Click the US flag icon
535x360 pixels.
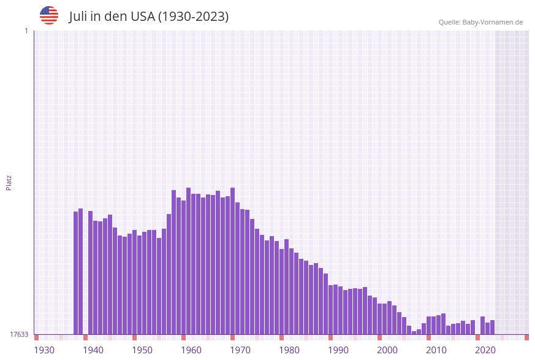click(49, 15)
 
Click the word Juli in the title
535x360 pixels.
click(78, 17)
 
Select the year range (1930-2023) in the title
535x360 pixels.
click(194, 17)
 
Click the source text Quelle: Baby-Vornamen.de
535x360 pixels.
click(480, 22)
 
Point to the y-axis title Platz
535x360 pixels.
click(9, 182)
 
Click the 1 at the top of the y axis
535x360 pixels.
click(26, 31)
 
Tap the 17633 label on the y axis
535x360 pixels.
click(19, 334)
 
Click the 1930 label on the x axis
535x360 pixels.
click(44, 350)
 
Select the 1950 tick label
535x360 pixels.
click(142, 350)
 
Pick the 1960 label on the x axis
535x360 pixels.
click(191, 350)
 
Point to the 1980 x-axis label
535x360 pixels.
click(289, 350)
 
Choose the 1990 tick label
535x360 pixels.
click(338, 350)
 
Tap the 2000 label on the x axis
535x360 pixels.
click(387, 350)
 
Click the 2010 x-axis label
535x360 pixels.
click(436, 350)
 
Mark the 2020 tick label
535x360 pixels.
click(485, 350)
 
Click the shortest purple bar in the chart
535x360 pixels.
click(414, 332)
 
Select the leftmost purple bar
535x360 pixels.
click(76, 273)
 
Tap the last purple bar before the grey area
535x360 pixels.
click(493, 327)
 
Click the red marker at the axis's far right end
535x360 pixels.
click(526, 337)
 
